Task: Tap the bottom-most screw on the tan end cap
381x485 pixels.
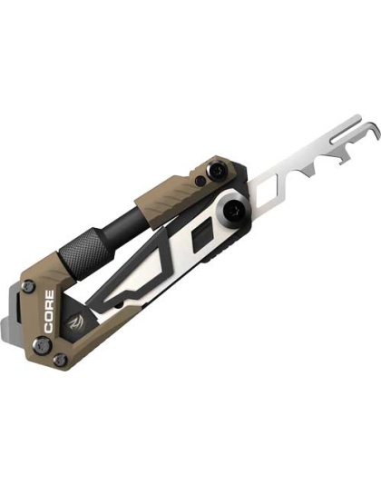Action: [59, 360]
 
